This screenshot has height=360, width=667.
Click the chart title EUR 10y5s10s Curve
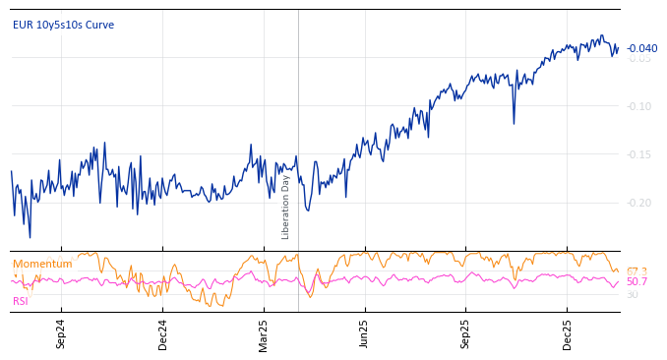(x=63, y=25)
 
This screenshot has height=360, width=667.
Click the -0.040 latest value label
(x=642, y=48)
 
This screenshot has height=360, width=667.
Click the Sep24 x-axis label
(x=61, y=333)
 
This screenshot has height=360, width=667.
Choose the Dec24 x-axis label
(x=163, y=333)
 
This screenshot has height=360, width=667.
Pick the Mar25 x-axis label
(x=264, y=333)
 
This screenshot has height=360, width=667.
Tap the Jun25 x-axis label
(x=365, y=333)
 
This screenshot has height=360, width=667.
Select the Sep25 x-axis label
(x=466, y=333)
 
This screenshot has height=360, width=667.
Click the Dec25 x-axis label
(x=568, y=333)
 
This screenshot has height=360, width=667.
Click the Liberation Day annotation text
(x=286, y=207)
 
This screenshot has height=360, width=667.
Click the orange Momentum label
(x=42, y=264)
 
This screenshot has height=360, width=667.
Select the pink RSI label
(x=21, y=301)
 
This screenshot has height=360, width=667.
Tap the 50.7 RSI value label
(x=637, y=282)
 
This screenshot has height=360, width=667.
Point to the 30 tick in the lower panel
(x=632, y=294)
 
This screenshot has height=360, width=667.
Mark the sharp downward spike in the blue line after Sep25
(x=514, y=123)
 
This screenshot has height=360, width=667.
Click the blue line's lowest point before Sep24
(x=30, y=237)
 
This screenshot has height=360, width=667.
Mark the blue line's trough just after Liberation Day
(x=308, y=210)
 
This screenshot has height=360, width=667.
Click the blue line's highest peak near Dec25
(x=602, y=35)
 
